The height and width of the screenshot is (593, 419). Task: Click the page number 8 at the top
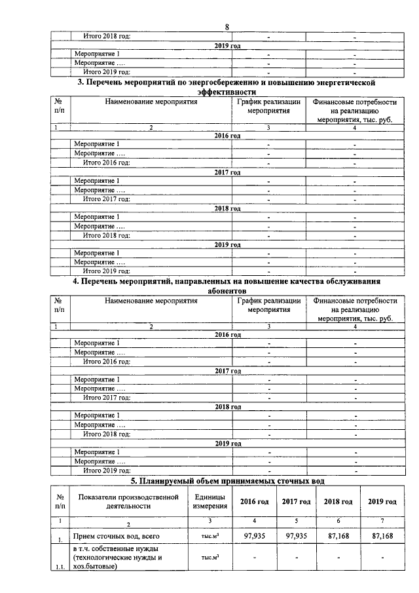point(227,27)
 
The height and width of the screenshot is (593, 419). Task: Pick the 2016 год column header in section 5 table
point(253,501)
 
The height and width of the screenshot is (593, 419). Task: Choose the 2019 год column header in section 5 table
point(382,501)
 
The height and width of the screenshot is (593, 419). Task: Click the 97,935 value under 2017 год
point(296,536)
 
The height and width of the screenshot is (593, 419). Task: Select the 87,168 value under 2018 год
point(338,536)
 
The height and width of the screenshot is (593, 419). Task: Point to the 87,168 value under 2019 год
point(382,536)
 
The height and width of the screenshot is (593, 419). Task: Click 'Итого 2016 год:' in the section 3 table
point(106,163)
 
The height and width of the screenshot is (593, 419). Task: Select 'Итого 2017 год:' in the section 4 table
point(106,397)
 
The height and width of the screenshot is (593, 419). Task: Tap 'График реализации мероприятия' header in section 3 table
point(269,107)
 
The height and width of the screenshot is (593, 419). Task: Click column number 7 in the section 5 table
point(382,520)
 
